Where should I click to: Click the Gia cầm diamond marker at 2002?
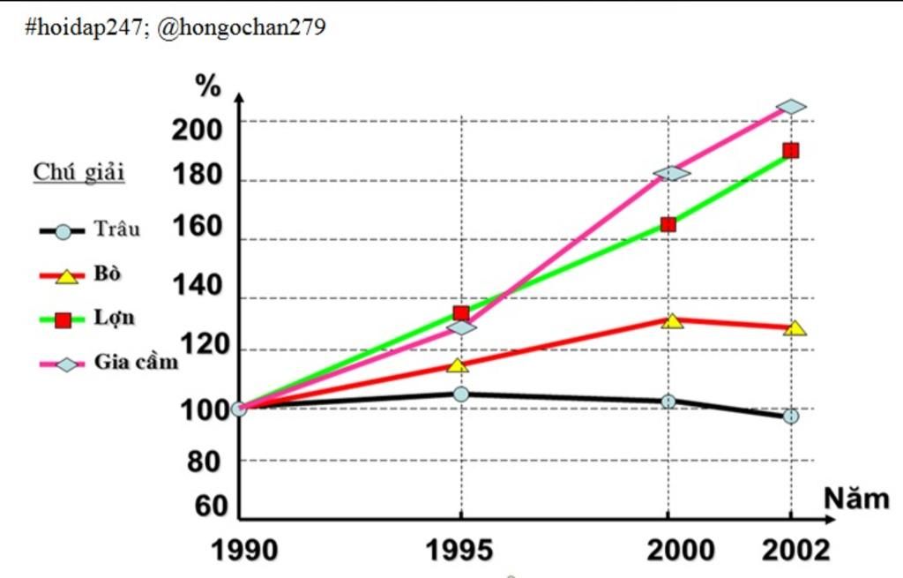tap(791, 107)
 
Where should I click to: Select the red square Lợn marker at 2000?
tap(668, 224)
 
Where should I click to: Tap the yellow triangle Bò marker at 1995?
tap(458, 364)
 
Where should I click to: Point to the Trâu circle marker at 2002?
tap(791, 416)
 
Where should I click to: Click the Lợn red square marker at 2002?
tap(791, 151)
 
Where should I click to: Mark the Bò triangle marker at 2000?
tap(672, 321)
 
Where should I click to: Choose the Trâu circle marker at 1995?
tap(461, 394)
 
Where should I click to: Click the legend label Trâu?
tap(117, 229)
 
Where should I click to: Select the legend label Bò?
tap(108, 274)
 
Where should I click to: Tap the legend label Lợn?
tap(115, 318)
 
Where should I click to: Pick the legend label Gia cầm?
tap(136, 362)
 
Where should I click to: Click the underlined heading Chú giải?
tap(79, 172)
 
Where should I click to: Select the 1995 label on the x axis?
tap(459, 551)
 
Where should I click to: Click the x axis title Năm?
tap(856, 499)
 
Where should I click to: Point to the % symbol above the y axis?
tap(208, 86)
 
